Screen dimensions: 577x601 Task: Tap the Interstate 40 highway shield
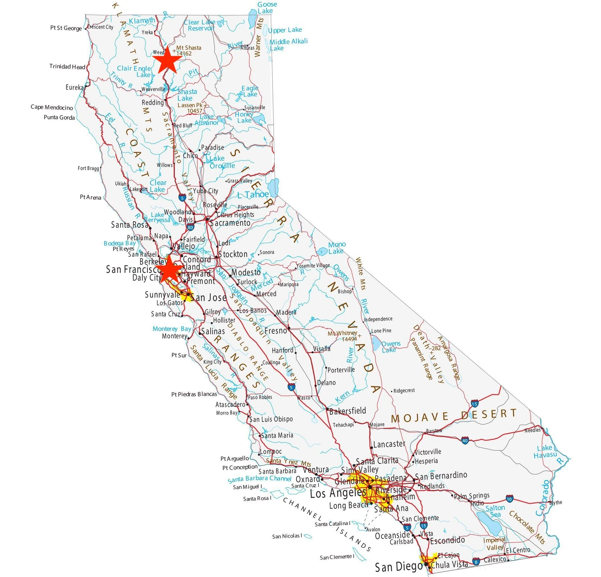click(465, 441)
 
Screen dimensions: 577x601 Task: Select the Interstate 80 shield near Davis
click(190, 227)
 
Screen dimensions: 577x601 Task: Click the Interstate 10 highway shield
click(510, 499)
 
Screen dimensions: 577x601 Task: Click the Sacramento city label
click(230, 223)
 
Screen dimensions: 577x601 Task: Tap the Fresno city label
click(276, 331)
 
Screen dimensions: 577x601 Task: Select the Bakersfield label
click(347, 410)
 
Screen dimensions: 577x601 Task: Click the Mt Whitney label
click(343, 333)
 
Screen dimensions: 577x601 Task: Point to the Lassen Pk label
click(191, 105)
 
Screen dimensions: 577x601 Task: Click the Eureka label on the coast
click(74, 87)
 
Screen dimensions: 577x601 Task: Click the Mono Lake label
click(337, 248)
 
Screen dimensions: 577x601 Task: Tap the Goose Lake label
click(266, 8)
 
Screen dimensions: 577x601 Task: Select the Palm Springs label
click(472, 496)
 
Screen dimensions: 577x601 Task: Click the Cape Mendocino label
click(52, 107)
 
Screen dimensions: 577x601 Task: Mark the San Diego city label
click(399, 567)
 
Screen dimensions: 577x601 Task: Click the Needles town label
click(532, 430)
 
